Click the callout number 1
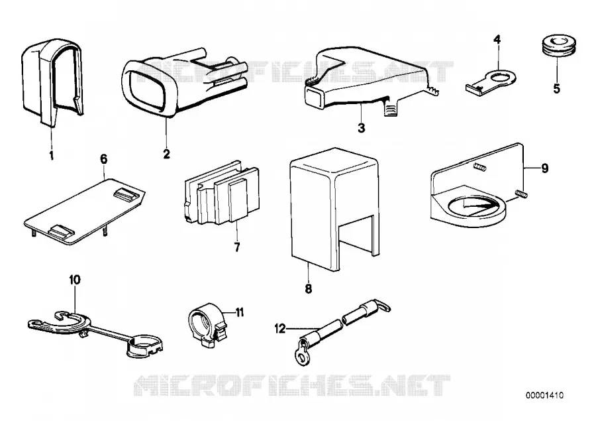51,155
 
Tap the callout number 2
166,154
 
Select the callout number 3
362,128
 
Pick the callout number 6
104,158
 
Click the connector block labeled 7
222,194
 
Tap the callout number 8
308,289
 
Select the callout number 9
545,168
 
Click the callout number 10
75,280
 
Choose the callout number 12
280,328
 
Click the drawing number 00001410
545,395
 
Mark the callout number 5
557,89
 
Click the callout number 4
497,39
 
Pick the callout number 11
240,312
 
